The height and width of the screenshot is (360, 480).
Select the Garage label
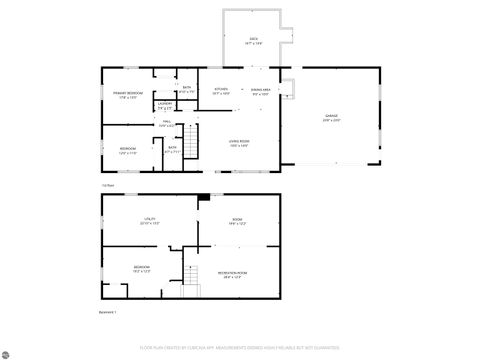click(331, 117)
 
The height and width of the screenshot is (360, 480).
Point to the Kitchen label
click(221, 90)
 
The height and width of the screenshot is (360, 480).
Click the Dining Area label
click(261, 91)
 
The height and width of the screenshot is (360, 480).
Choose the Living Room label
click(238, 142)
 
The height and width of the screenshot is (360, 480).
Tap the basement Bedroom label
click(142, 268)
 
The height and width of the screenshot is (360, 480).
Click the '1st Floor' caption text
click(107, 185)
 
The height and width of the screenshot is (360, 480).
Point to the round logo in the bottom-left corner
click(8, 351)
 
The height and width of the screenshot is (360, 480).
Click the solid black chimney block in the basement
click(203, 197)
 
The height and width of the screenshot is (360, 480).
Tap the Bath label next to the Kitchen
click(187, 90)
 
